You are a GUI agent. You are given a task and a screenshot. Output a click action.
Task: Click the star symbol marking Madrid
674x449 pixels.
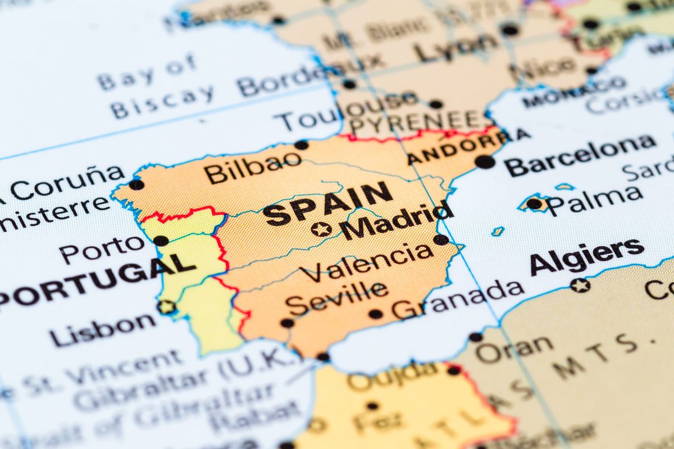321,229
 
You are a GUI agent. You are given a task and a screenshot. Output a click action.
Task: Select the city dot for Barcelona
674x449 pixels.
485,162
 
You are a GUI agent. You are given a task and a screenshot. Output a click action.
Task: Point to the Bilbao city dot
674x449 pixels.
302,145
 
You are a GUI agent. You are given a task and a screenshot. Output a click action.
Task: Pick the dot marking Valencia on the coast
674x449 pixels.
441,240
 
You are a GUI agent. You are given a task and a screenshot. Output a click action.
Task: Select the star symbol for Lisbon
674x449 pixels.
166,307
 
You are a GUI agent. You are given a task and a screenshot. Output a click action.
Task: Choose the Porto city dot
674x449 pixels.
161,241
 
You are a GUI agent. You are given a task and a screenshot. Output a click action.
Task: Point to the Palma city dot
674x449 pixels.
534,204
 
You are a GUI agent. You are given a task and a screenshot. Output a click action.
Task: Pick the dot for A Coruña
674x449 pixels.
136,185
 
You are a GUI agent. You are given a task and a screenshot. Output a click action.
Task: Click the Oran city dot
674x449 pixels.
476,337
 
